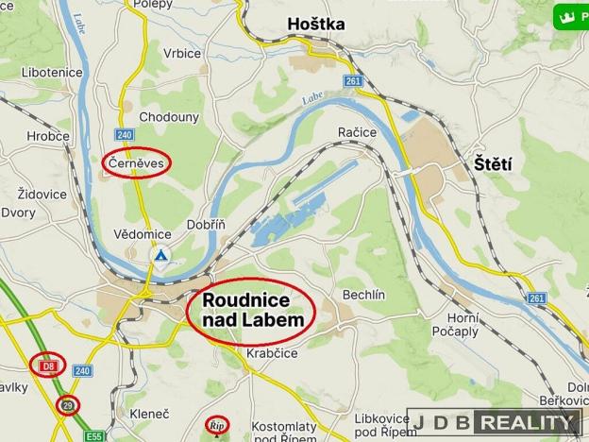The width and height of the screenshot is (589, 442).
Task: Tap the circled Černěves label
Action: (x=136, y=163)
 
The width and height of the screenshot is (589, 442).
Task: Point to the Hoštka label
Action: (x=315, y=23)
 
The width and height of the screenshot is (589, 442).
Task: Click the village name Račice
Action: (x=357, y=133)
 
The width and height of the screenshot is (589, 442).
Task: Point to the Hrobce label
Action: (x=47, y=136)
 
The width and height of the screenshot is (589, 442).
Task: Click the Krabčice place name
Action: (x=247, y=352)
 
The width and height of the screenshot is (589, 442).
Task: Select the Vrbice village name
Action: (x=181, y=53)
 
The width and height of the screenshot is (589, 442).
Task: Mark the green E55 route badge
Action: (x=93, y=436)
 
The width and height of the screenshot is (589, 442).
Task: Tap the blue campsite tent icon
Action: (x=161, y=255)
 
